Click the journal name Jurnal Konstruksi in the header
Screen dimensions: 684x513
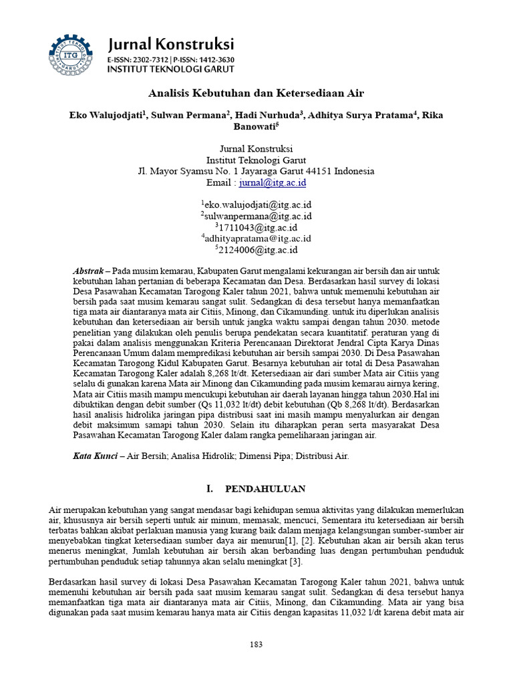coord(171,45)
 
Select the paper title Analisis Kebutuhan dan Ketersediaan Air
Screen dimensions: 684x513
coord(256,93)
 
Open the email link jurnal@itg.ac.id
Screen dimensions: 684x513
coord(273,182)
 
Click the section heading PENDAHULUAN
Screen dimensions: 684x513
coord(265,488)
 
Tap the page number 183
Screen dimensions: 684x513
coord(256,644)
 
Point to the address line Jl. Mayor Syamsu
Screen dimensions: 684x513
coord(256,171)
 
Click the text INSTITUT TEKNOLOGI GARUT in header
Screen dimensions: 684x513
coord(171,68)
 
